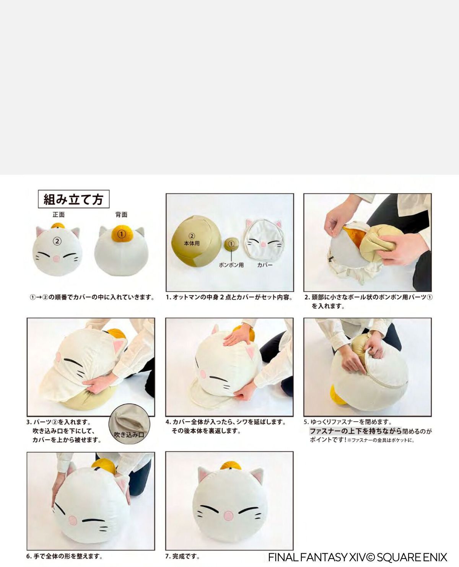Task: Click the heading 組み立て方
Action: tap(73, 199)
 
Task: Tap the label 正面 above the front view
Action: tap(59, 215)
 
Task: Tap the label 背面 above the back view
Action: tap(121, 215)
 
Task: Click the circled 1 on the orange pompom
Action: tap(121, 233)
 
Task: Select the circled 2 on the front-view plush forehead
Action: tap(57, 241)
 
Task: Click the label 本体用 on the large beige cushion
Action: tap(192, 243)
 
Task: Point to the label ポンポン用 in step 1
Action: tap(231, 265)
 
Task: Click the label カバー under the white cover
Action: tap(265, 265)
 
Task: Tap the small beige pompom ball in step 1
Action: tap(231, 244)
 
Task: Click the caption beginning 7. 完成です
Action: tap(182, 556)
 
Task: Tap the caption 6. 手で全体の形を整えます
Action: tap(64, 556)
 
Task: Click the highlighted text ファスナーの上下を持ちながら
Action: tap(355, 431)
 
